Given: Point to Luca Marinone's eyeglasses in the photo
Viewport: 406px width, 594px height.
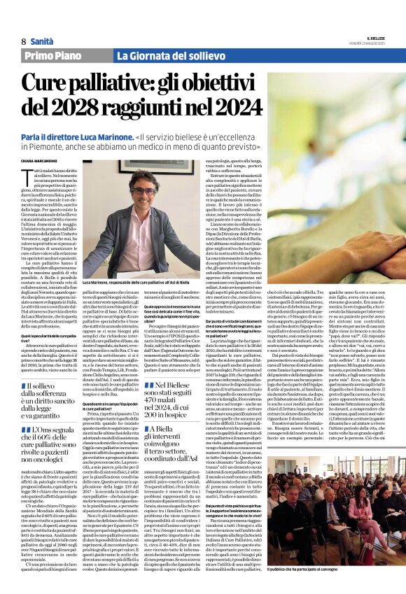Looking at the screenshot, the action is tap(143, 191).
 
